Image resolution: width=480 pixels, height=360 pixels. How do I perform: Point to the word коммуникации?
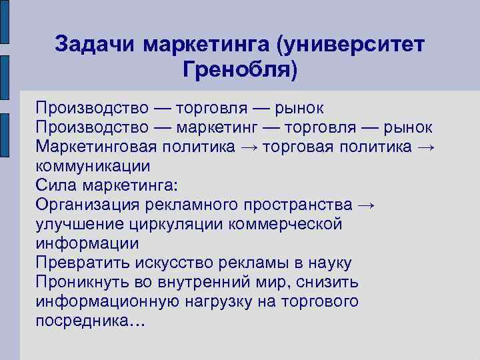(93, 166)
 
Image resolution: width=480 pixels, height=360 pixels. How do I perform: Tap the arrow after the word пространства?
(366, 205)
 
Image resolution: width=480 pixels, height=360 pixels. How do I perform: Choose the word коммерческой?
(286, 224)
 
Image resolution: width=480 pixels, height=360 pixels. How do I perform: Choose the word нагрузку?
(219, 301)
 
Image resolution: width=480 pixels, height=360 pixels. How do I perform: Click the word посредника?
(86, 321)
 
